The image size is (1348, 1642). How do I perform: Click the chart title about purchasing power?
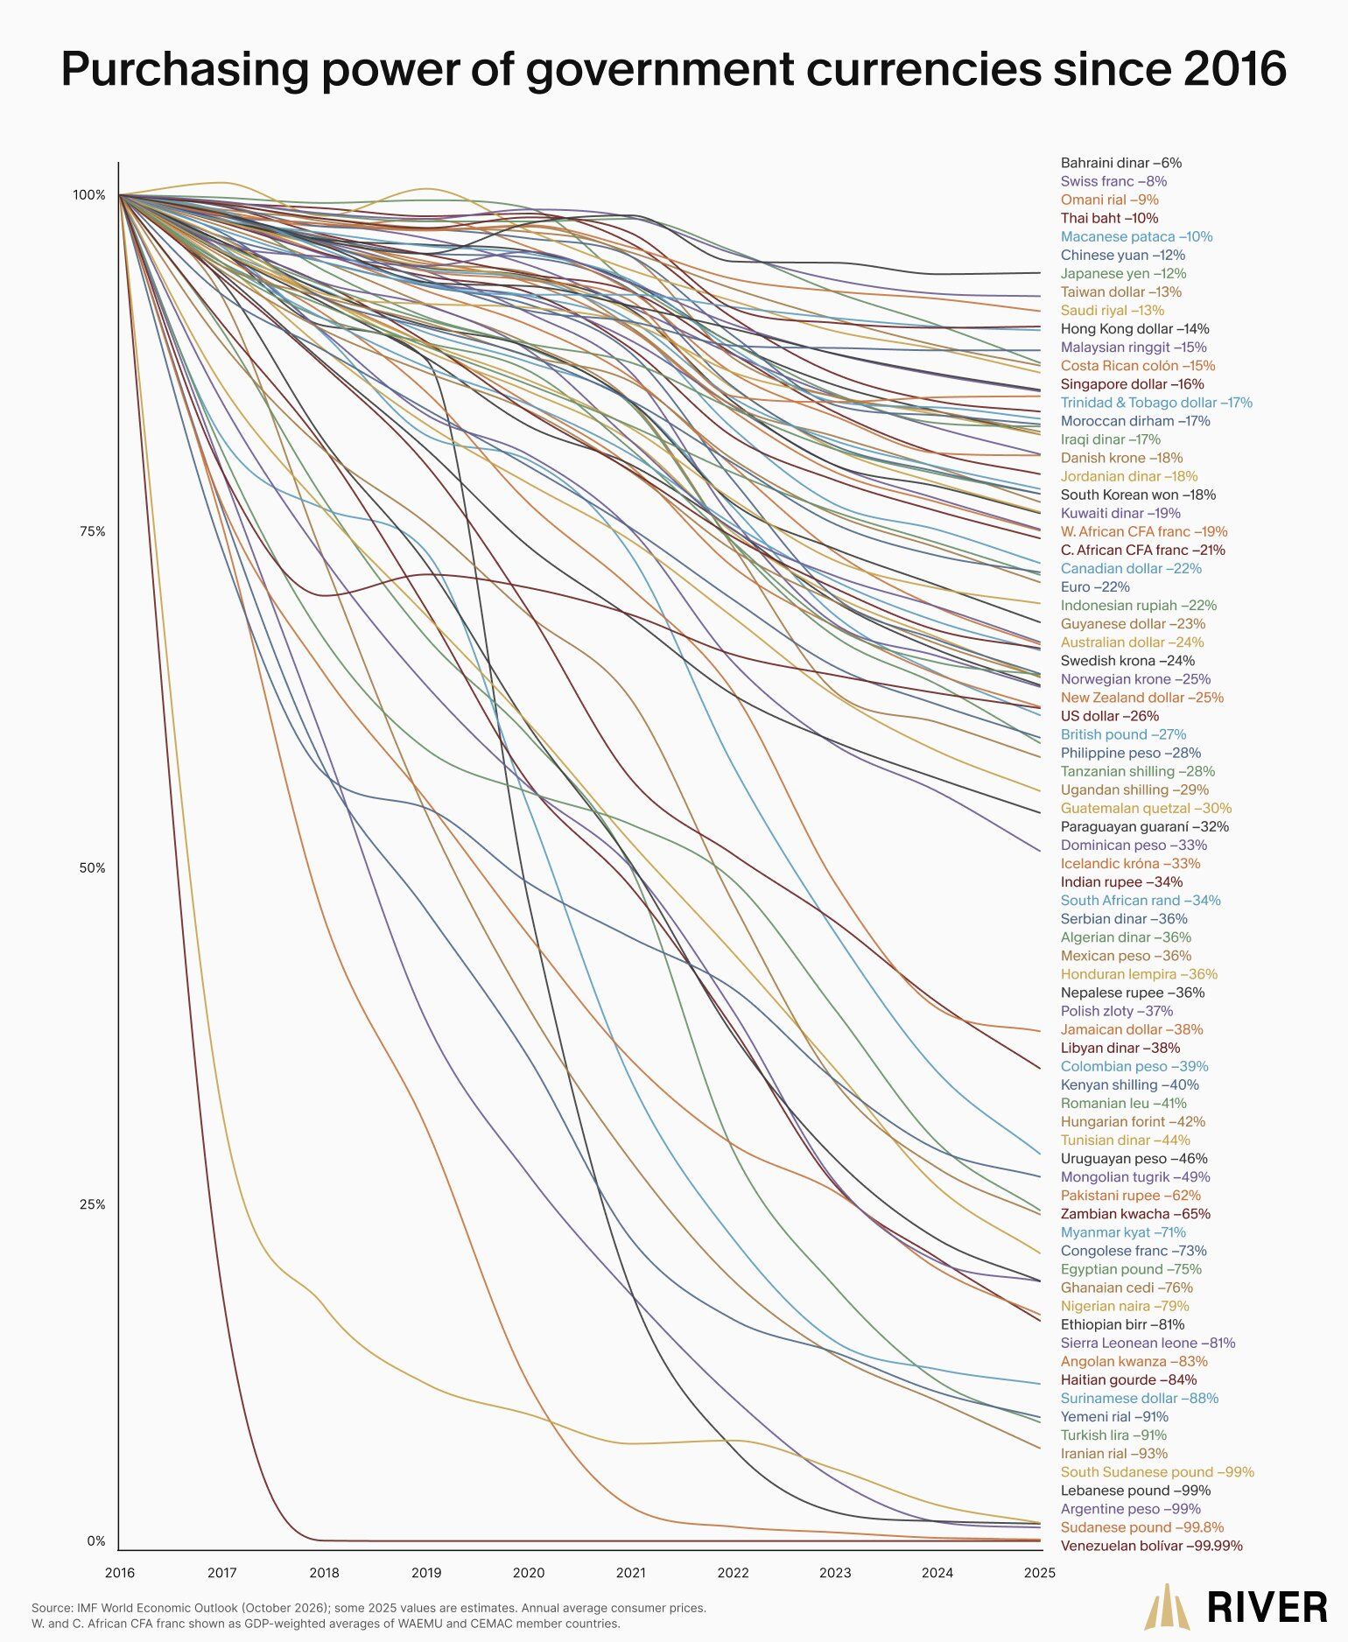tap(673, 69)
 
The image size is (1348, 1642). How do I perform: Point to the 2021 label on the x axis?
tap(630, 1573)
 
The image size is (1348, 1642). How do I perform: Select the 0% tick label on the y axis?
tap(95, 1541)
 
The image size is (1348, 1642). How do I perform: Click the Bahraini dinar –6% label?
tap(1120, 163)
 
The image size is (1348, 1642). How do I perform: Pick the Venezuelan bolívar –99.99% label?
tap(1151, 1546)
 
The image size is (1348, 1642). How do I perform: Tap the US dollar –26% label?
tap(1109, 716)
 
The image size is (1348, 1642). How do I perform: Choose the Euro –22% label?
tap(1095, 587)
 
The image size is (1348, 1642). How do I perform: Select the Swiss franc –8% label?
tap(1113, 181)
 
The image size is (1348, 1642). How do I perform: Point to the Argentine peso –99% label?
tap(1130, 1509)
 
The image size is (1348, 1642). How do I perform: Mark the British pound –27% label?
tap(1123, 734)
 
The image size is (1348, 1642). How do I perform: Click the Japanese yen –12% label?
tap(1123, 274)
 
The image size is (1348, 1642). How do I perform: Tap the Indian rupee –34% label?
tap(1121, 882)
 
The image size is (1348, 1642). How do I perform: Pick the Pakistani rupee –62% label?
tap(1130, 1196)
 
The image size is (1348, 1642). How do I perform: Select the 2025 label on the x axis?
tap(1039, 1573)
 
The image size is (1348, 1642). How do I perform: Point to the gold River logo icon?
tap(1169, 1607)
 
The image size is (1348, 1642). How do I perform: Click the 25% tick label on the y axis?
tap(92, 1204)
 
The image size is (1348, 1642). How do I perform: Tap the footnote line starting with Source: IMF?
tap(369, 1608)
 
